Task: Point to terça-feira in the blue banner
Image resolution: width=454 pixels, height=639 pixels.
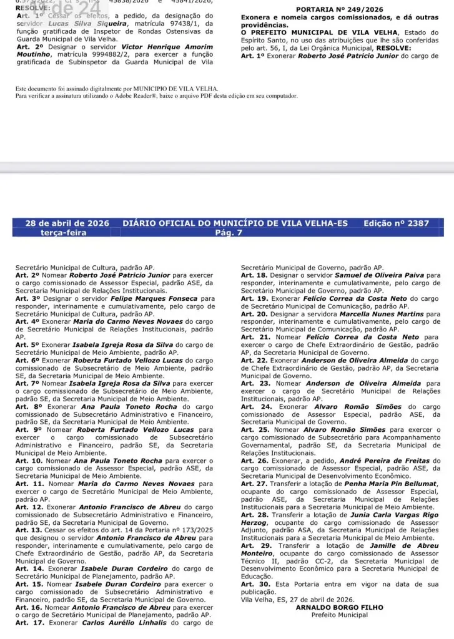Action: click(63, 233)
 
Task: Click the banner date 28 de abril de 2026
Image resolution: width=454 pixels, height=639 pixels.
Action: click(63, 223)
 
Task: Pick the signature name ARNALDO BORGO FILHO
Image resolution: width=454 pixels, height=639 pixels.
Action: click(340, 607)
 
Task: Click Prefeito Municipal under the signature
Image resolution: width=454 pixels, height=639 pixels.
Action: click(340, 615)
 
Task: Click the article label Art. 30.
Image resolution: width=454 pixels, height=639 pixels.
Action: click(254, 584)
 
